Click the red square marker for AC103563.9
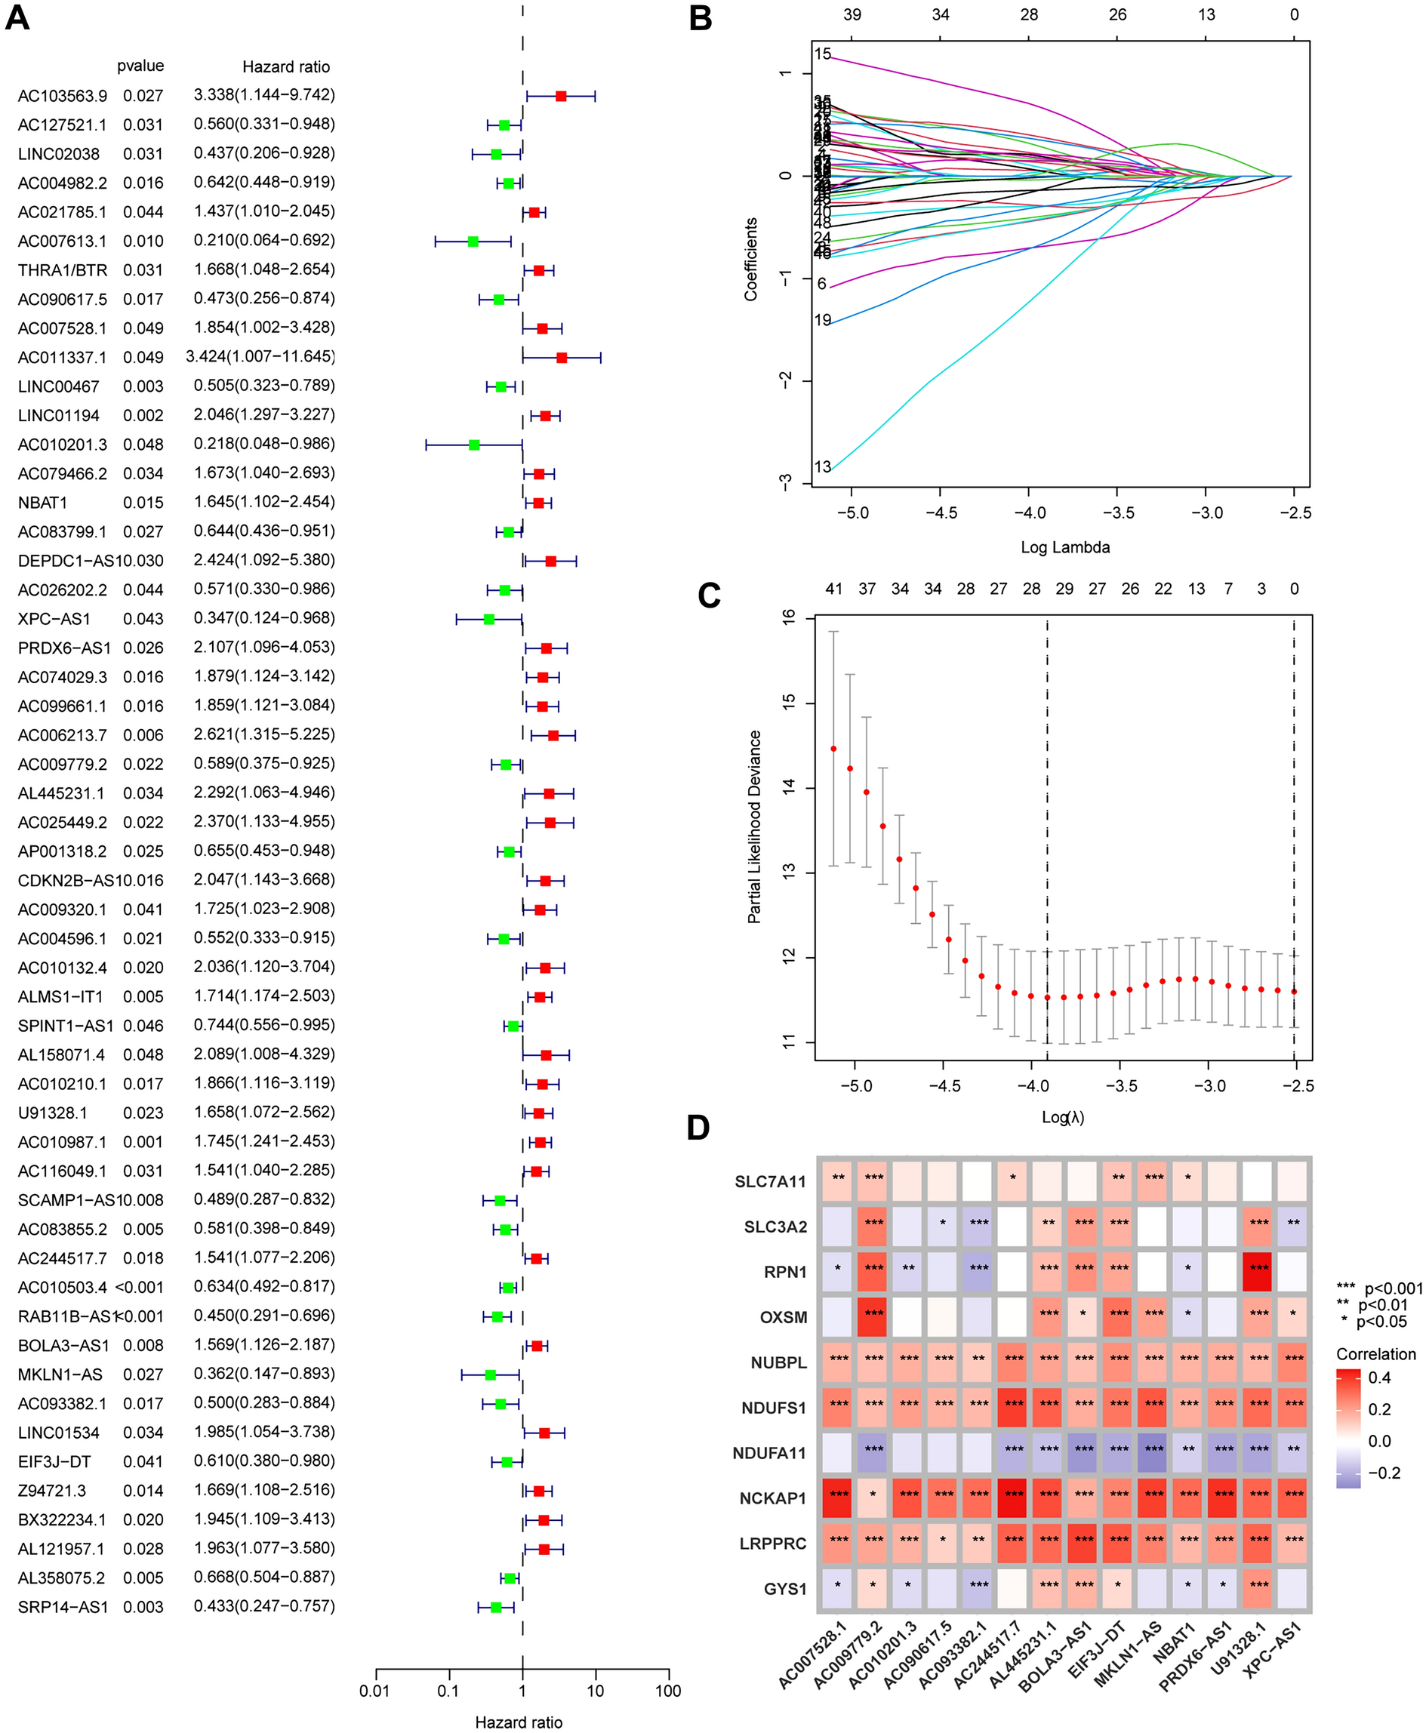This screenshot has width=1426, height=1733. [x=561, y=96]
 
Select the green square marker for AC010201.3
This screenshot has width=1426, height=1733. [x=474, y=445]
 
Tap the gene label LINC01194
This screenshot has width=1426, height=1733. [x=58, y=416]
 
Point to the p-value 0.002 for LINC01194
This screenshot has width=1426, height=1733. [x=143, y=416]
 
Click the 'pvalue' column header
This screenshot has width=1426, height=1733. [x=140, y=66]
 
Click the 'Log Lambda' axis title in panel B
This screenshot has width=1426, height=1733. [x=1064, y=547]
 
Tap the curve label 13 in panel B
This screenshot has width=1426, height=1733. [x=823, y=466]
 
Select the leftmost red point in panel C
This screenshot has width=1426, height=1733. [x=833, y=748]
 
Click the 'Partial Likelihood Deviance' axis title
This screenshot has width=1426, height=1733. [x=754, y=826]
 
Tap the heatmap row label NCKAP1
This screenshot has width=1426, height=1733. [x=773, y=1498]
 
